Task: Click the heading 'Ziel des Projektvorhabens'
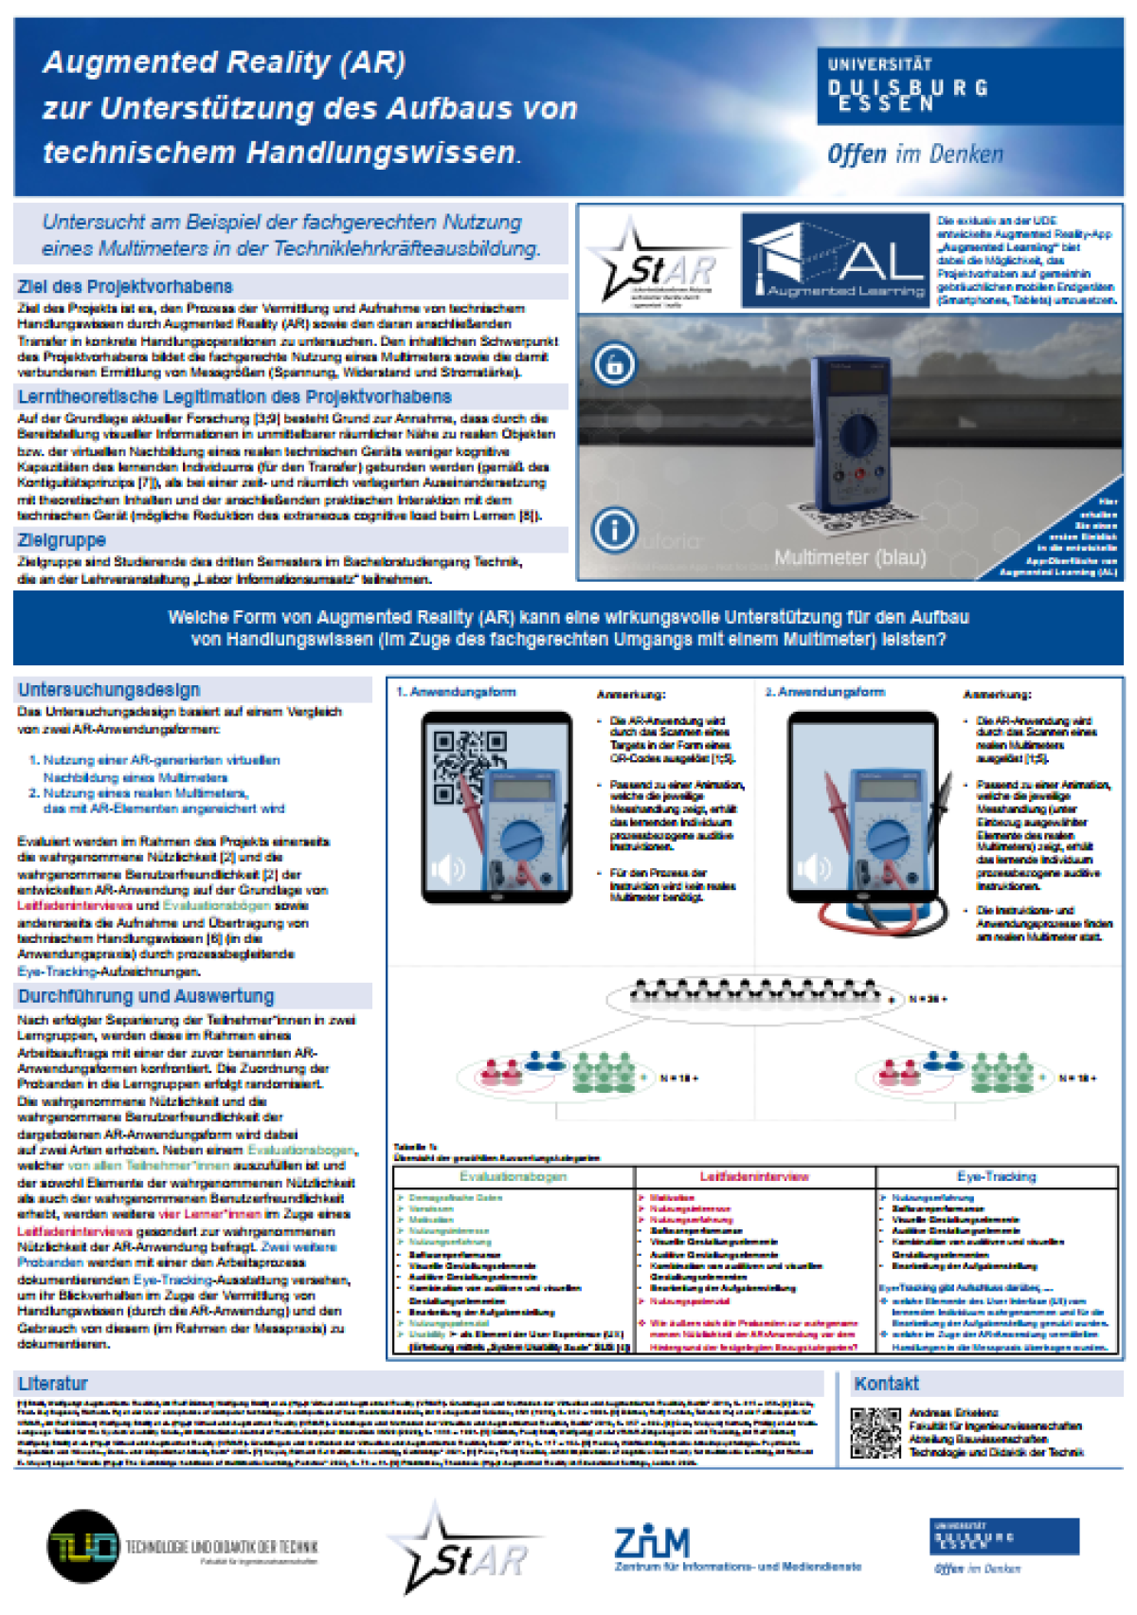pyautogui.click(x=124, y=286)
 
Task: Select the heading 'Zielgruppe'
pyautogui.click(x=62, y=540)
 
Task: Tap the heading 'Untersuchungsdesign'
pyautogui.click(x=109, y=690)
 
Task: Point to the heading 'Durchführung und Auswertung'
pyautogui.click(x=146, y=996)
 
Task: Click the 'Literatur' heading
pyautogui.click(x=53, y=1384)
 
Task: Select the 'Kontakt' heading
pyautogui.click(x=886, y=1384)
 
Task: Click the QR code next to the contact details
pyautogui.click(x=875, y=1432)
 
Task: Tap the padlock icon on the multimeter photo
pyautogui.click(x=614, y=364)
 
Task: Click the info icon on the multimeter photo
pyautogui.click(x=614, y=529)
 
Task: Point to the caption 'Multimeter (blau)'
pyautogui.click(x=850, y=557)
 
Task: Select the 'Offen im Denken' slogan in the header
pyautogui.click(x=914, y=154)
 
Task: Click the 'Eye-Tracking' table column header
pyautogui.click(x=996, y=1176)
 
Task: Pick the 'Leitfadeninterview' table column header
pyautogui.click(x=754, y=1176)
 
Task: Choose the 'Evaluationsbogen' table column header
pyautogui.click(x=513, y=1176)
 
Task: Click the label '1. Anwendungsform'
pyautogui.click(x=456, y=692)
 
